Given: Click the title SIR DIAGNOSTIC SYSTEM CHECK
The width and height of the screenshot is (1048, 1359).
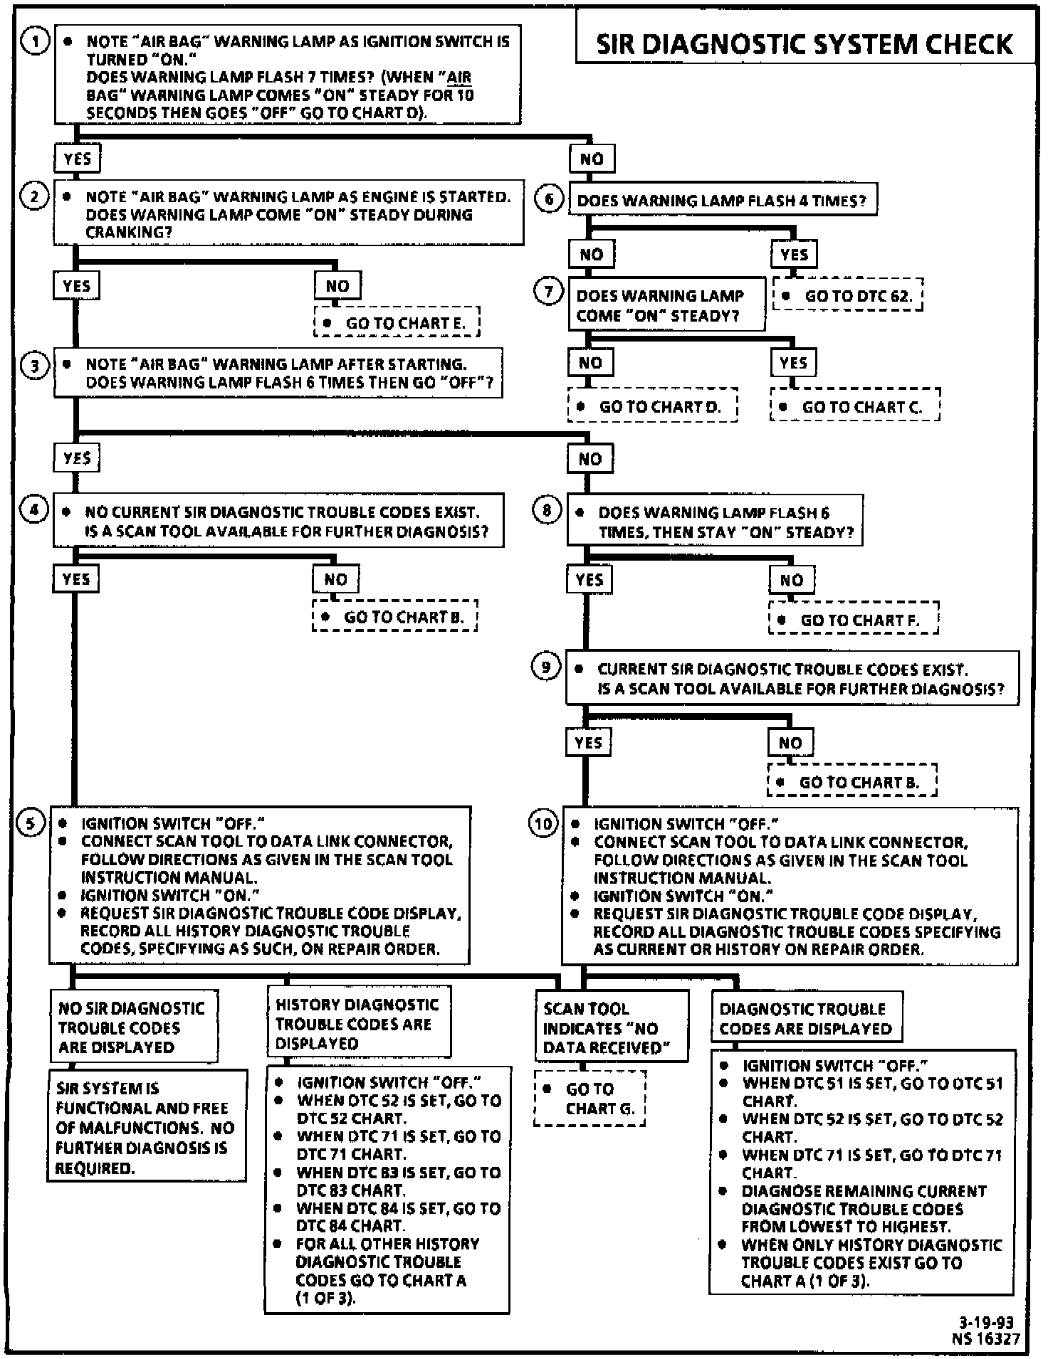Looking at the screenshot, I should (804, 44).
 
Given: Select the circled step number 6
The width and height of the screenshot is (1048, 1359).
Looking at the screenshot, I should (549, 199).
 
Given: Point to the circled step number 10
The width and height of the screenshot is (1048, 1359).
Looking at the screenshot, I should (543, 824).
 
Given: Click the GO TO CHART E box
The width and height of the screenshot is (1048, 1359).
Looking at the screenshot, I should (397, 322).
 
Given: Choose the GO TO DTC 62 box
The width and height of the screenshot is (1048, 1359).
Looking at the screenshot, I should (848, 295).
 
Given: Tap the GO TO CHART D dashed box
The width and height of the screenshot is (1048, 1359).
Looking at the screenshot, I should (652, 406).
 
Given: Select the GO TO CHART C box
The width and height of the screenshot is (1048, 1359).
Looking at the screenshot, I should (854, 406).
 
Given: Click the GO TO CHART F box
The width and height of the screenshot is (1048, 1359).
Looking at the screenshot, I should (853, 620).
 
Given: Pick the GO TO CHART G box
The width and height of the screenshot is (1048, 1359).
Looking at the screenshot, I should (589, 1099).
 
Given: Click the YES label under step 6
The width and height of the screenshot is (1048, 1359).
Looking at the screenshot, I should (794, 254).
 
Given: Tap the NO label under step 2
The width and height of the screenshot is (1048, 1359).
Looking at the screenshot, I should (337, 286).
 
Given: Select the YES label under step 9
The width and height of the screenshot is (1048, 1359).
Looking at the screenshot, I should (589, 743).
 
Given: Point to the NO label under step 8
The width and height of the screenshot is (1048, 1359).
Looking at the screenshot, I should (791, 580).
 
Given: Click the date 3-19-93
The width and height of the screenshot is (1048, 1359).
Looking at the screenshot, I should (986, 1323).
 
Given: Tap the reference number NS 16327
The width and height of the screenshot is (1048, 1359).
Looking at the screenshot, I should (986, 1338).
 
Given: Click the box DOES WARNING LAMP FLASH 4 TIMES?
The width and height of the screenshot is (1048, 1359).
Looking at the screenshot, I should (723, 200).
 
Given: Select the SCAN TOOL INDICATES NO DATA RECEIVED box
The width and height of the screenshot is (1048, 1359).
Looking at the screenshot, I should (612, 1027).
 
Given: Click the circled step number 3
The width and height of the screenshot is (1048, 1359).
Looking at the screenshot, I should (34, 366).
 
